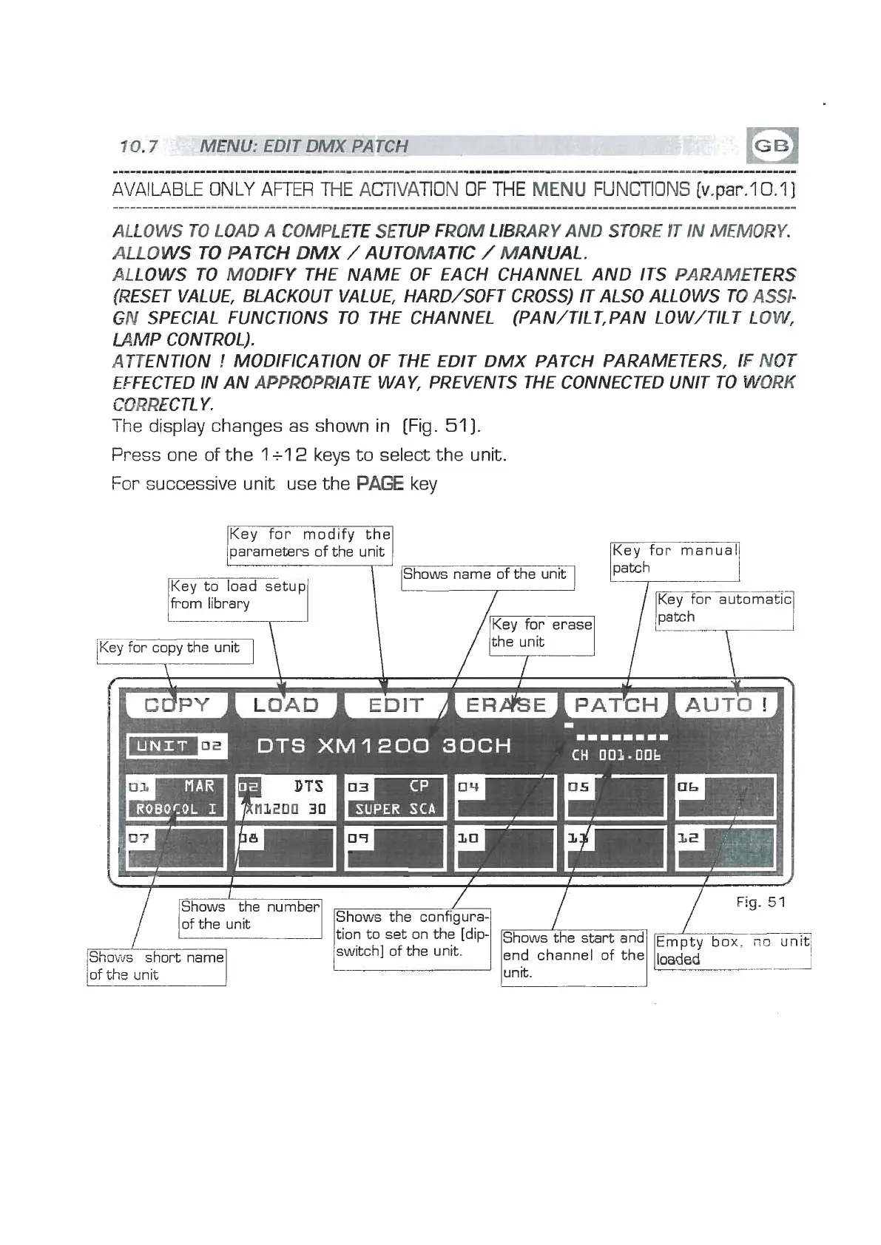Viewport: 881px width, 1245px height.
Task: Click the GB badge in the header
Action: [x=772, y=146]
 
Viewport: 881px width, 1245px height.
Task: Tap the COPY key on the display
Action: [x=178, y=705]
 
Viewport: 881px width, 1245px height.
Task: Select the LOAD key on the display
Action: [x=286, y=705]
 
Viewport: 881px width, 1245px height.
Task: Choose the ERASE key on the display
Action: [x=506, y=705]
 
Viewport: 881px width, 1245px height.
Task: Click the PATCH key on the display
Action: [x=616, y=705]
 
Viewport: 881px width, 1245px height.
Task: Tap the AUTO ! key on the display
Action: [x=727, y=705]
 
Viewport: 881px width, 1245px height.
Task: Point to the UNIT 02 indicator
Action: [x=178, y=745]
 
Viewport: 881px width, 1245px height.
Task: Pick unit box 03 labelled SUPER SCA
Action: [x=396, y=797]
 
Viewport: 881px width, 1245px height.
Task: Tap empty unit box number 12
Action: [x=726, y=847]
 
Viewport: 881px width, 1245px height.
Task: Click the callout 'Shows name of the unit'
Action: [x=487, y=575]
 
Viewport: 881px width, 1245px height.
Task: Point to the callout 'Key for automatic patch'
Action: [x=724, y=609]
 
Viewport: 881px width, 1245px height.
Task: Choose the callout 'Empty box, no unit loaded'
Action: [x=732, y=951]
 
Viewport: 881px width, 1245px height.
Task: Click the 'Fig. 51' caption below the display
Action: [x=760, y=902]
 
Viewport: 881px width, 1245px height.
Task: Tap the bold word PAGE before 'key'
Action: [x=379, y=484]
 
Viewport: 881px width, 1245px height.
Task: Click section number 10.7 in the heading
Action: [x=138, y=146]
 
